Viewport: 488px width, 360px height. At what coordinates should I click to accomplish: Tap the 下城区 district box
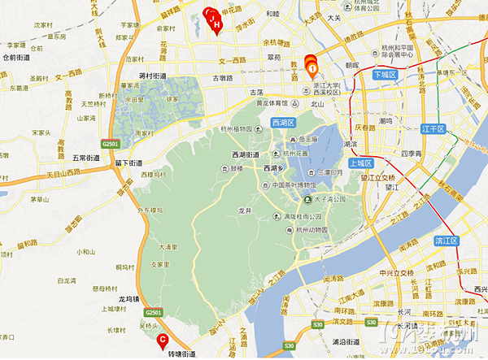click(385, 75)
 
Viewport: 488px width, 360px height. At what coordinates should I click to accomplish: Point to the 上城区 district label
click(359, 162)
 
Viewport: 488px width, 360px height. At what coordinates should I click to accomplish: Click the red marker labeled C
click(163, 339)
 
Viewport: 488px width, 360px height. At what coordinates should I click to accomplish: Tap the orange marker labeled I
click(312, 68)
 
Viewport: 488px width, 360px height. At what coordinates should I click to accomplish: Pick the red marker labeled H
click(217, 25)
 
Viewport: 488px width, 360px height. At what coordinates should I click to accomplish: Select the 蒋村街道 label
click(154, 76)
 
